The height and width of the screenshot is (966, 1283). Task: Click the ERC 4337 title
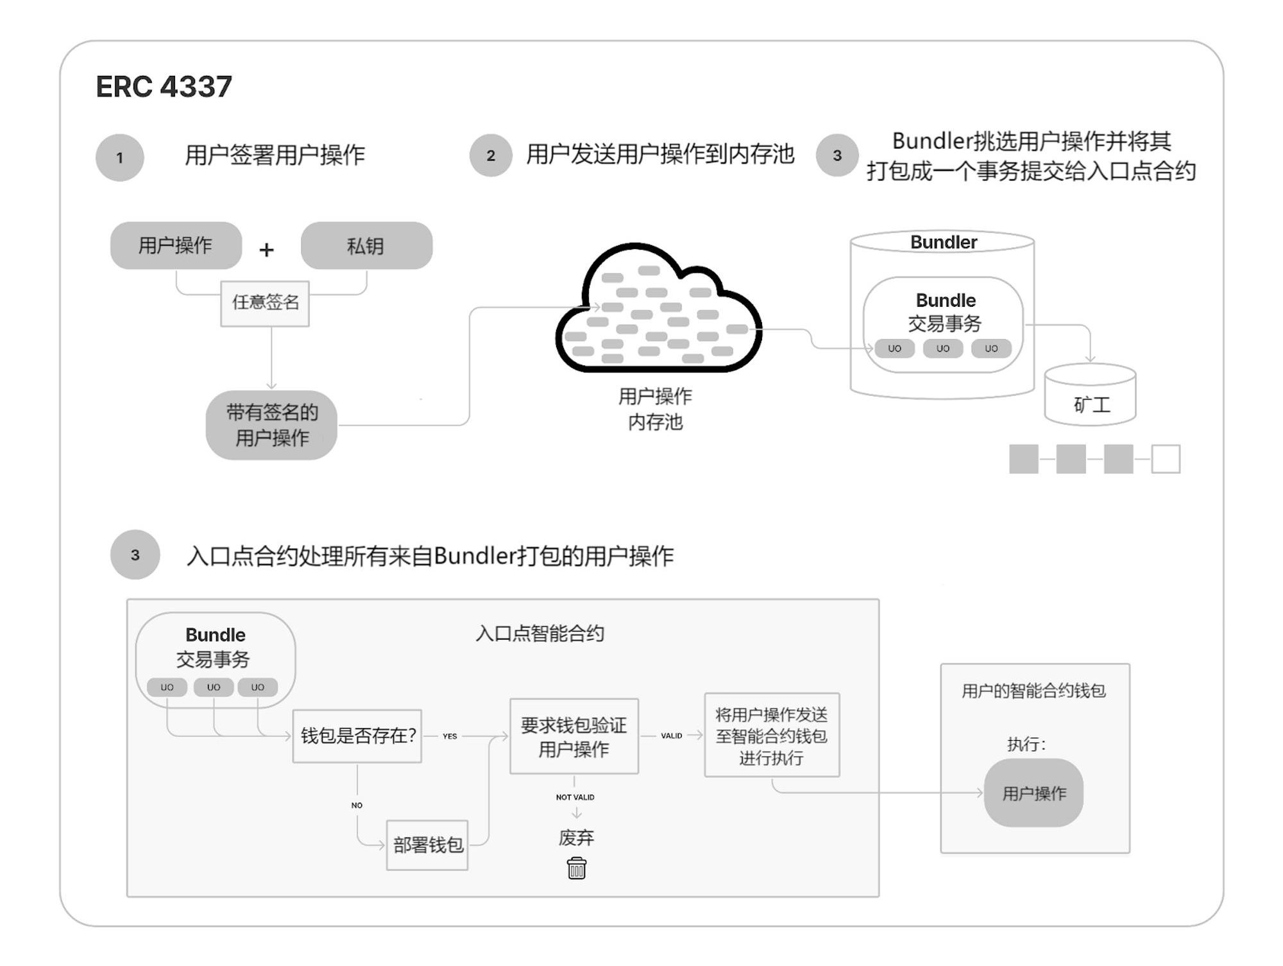click(x=164, y=87)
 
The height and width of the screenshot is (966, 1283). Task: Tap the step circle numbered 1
click(x=120, y=157)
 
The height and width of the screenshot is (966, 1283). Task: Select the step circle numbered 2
click(x=491, y=155)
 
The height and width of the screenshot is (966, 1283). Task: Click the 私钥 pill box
click(x=366, y=246)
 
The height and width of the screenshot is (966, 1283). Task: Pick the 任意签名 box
click(x=265, y=303)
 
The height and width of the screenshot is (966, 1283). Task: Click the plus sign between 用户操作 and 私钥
click(x=266, y=249)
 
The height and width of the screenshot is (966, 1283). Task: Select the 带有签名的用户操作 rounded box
click(x=271, y=425)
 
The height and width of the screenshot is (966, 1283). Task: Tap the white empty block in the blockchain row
click(x=1166, y=459)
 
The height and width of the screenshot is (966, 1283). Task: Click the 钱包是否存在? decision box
click(x=357, y=736)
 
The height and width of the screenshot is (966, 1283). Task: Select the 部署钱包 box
click(x=427, y=845)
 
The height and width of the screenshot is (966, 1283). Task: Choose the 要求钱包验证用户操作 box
click(x=574, y=736)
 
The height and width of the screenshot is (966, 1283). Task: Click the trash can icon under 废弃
click(x=577, y=868)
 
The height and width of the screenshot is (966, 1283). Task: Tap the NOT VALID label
click(x=575, y=797)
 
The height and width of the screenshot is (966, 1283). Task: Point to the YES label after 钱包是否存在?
click(x=450, y=736)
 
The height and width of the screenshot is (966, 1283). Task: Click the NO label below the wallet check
click(x=357, y=805)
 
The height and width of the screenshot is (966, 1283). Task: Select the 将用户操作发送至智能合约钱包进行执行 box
click(x=772, y=736)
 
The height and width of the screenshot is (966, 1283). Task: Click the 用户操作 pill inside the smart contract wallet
click(x=1033, y=793)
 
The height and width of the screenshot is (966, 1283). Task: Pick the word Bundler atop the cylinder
click(x=944, y=242)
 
